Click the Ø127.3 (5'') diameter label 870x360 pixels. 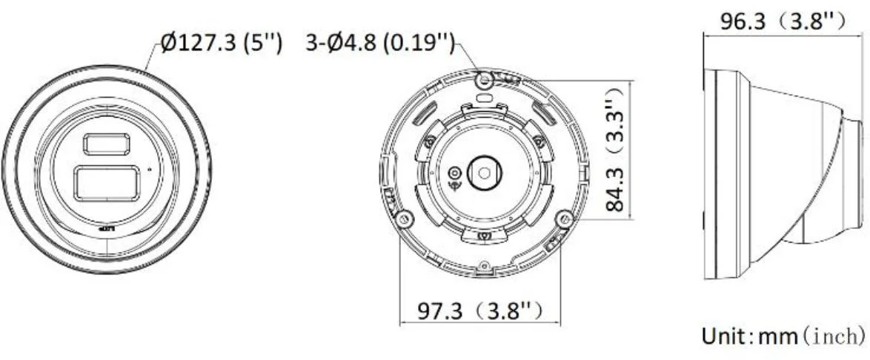[x=221, y=44]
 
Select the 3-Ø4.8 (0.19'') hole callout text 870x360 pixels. [x=379, y=44]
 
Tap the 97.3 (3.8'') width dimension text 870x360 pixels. [x=479, y=309]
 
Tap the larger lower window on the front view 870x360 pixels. [x=106, y=183]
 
